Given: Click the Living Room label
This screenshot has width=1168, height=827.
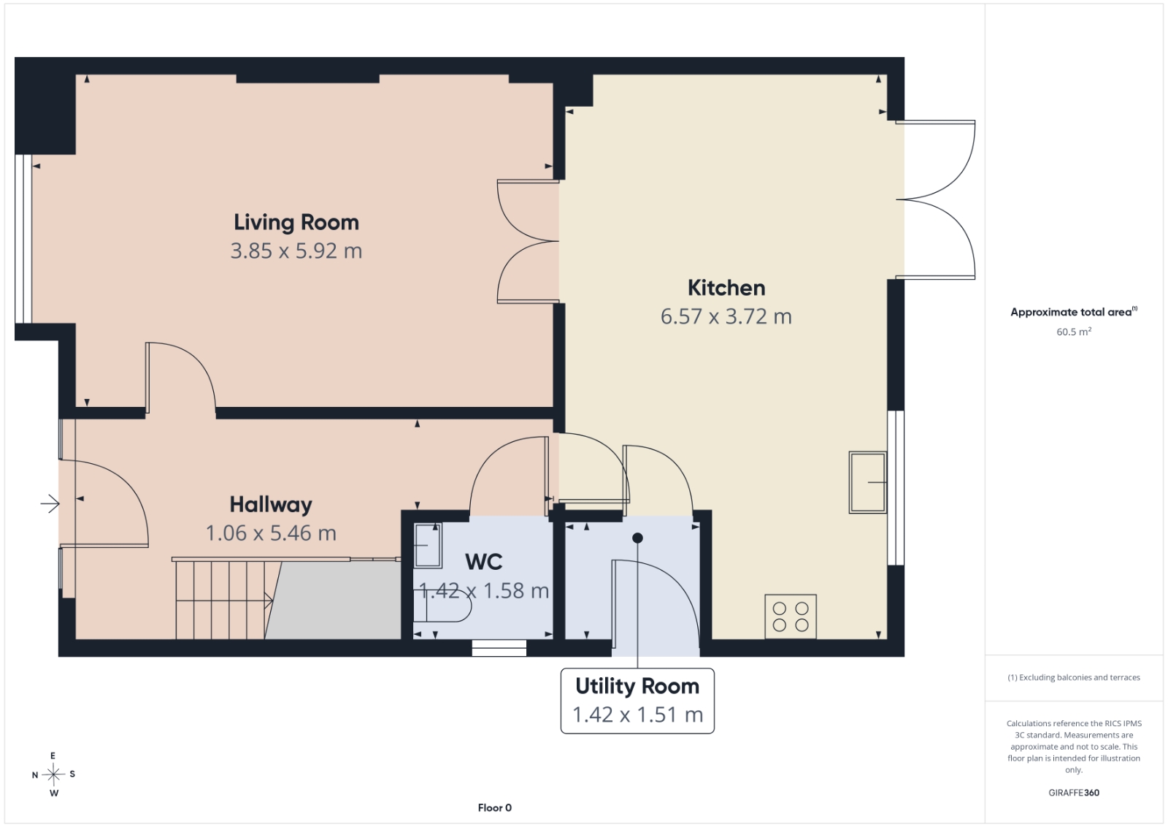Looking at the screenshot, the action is click(296, 222).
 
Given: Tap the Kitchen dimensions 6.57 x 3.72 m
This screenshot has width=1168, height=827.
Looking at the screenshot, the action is click(726, 316).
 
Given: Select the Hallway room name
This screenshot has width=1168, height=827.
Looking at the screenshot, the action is click(271, 505).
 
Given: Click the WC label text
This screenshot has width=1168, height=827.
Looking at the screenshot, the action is click(483, 561).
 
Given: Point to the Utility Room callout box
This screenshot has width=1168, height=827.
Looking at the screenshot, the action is click(637, 701).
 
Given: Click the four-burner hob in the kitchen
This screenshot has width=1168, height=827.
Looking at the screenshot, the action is click(791, 616).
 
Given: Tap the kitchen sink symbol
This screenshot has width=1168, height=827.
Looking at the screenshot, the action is click(868, 482).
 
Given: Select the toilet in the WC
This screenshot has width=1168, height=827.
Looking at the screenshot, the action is click(442, 606).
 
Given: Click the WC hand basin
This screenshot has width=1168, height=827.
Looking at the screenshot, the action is click(428, 545).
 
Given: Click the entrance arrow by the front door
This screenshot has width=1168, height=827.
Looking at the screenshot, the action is click(50, 503).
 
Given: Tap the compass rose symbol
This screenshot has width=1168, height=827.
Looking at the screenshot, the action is click(53, 774).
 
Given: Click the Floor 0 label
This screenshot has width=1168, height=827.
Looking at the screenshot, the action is click(495, 808).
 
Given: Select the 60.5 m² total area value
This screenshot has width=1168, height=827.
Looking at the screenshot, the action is click(1074, 332).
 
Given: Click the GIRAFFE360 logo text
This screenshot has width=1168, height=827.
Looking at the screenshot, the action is click(1074, 793).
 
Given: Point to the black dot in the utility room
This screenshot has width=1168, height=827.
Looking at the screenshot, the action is click(637, 538).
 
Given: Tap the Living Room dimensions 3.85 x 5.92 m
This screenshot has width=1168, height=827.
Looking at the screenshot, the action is click(296, 251).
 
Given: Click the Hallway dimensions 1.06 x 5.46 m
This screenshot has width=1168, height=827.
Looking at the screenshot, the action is click(271, 533).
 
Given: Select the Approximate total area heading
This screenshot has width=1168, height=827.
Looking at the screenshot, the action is click(1074, 311).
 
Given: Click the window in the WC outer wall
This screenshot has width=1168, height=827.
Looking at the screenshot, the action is click(499, 647).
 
